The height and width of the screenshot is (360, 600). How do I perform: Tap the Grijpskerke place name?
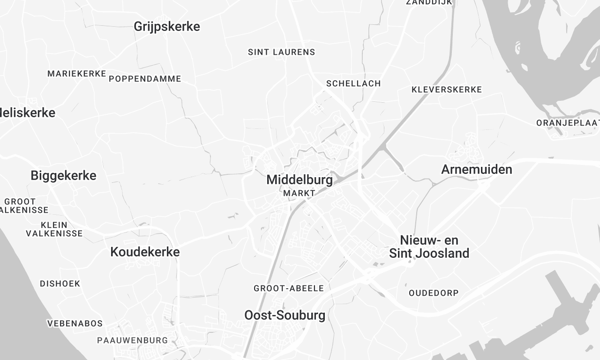(x=167, y=27)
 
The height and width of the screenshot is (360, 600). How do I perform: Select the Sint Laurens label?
(x=281, y=51)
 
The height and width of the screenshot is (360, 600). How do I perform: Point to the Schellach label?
(x=353, y=83)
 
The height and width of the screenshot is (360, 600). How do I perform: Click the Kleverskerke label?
(x=447, y=89)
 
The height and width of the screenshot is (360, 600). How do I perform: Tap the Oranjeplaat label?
(x=567, y=123)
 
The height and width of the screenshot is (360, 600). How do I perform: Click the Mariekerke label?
(x=77, y=74)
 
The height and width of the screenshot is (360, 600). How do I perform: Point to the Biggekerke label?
(x=64, y=175)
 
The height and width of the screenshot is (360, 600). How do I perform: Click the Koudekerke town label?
(x=145, y=252)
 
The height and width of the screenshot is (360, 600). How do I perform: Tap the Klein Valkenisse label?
(x=54, y=230)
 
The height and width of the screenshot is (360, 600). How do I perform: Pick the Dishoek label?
(x=60, y=283)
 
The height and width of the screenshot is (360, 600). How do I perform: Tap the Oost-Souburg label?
(x=285, y=315)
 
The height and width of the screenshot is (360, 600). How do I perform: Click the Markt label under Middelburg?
(x=299, y=194)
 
